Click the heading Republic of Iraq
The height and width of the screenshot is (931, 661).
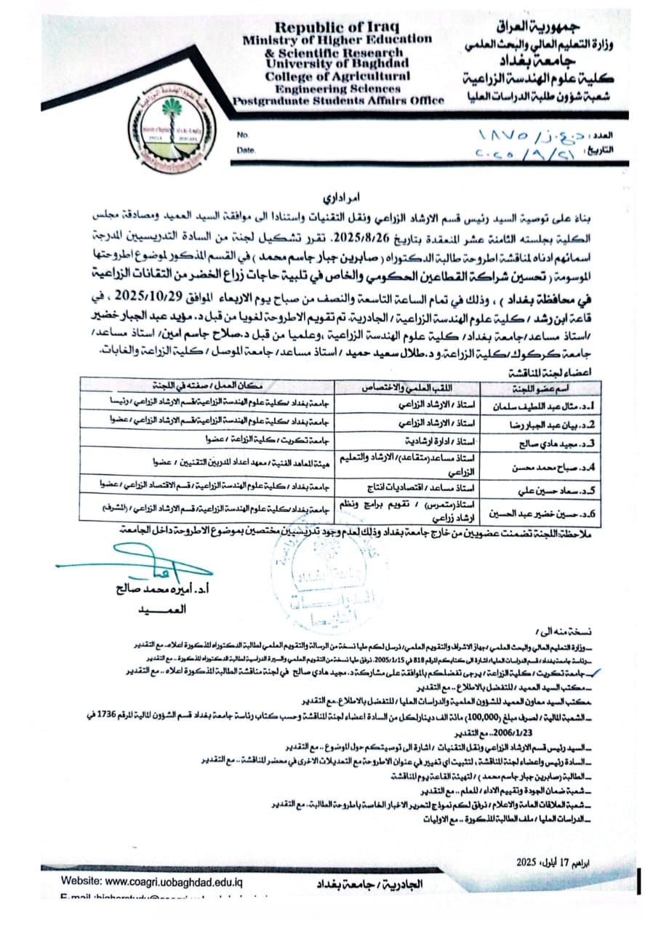(x=324, y=27)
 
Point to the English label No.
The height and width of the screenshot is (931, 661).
(x=243, y=135)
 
